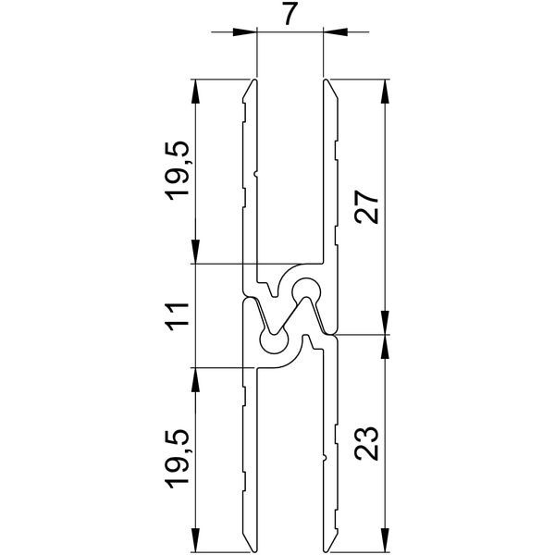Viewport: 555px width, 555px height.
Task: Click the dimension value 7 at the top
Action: point(290,14)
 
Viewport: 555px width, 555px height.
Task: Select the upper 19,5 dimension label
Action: point(178,171)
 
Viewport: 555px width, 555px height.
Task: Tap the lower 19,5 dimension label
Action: point(178,460)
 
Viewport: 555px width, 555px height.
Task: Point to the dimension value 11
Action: point(178,316)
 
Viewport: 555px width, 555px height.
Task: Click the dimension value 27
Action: point(367,207)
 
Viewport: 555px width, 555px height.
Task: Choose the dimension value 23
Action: point(367,443)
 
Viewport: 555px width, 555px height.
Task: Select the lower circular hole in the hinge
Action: point(274,340)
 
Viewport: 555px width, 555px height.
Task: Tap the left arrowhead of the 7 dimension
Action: point(244,31)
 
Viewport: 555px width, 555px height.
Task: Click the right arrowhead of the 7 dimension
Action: point(335,31)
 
